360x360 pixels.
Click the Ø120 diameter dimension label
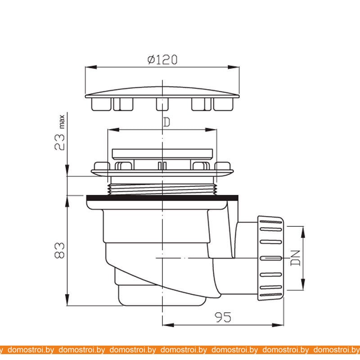pos(162,59)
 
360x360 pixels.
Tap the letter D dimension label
pos(167,122)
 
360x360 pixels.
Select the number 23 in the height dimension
pos(60,142)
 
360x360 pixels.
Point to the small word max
pos(62,121)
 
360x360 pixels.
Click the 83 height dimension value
pos(60,250)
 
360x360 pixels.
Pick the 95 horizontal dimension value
pos(223,317)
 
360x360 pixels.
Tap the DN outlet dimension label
pos(296,258)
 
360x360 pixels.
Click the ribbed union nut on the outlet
pos(271,258)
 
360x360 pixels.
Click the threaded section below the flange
pos(162,189)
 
